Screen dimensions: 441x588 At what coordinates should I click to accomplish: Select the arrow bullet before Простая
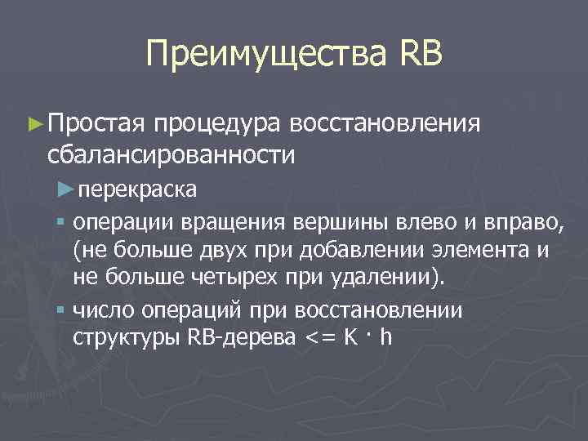point(34,123)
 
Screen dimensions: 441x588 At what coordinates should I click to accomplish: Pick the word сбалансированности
point(171,154)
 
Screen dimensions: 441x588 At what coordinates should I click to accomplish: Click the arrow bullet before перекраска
point(67,189)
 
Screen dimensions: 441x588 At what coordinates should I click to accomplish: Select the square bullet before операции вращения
point(62,220)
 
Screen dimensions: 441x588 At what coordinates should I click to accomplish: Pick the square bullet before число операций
point(62,310)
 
